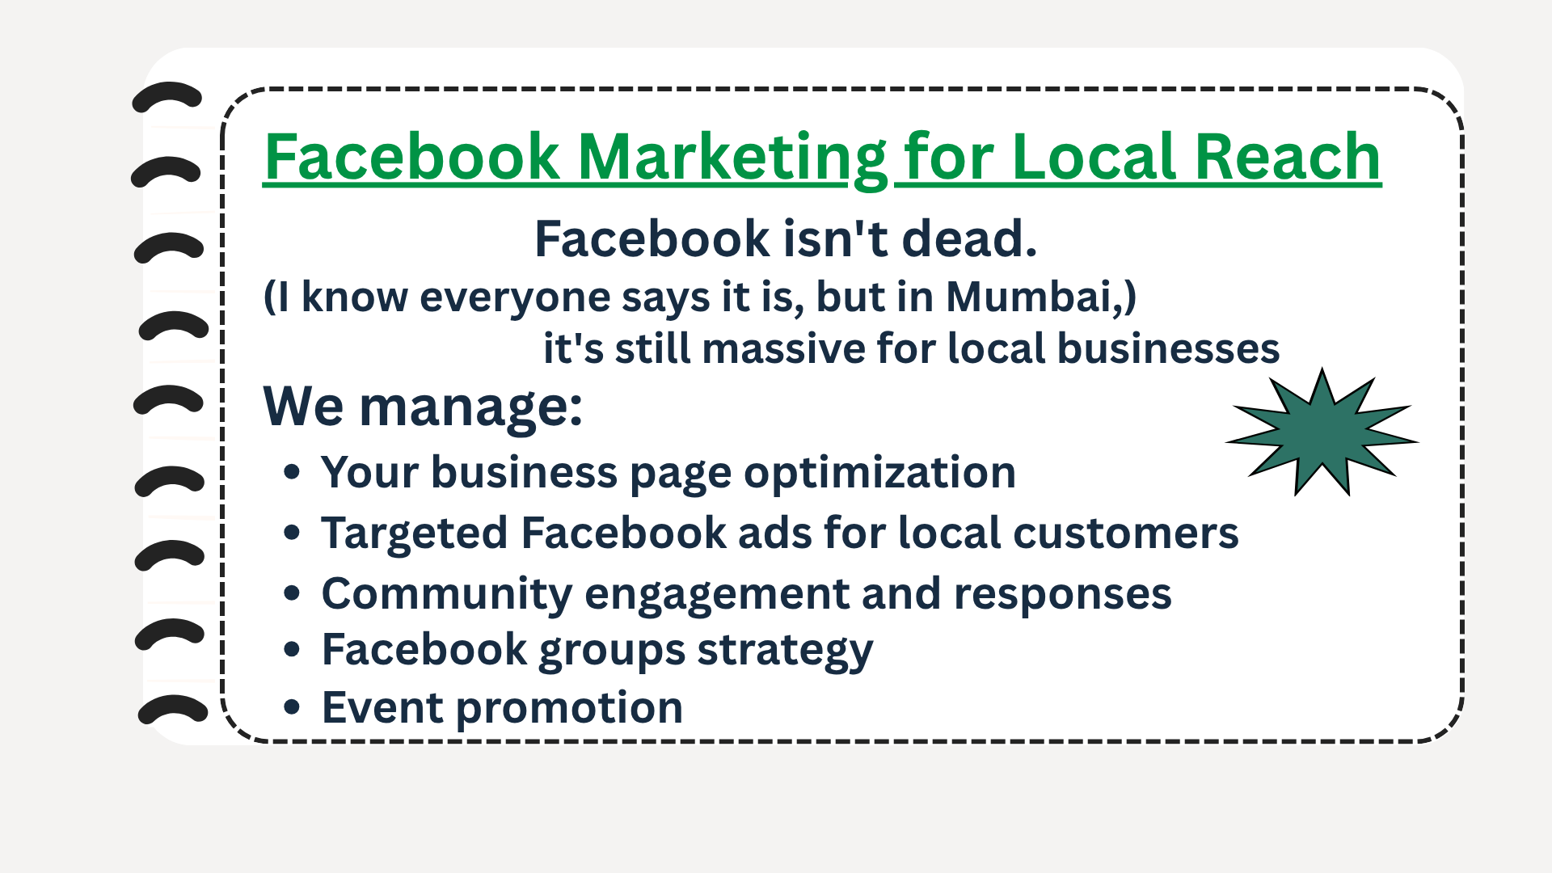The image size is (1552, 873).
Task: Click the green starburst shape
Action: pos(1322,436)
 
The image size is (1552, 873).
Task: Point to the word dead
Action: pos(969,239)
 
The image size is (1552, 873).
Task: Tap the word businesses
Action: pos(1168,349)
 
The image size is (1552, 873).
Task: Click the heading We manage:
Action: pos(423,407)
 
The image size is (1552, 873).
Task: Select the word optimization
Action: pos(879,474)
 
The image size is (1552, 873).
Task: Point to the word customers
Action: pos(1125,533)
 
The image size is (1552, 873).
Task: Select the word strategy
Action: pos(785,652)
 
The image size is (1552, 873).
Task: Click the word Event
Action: pos(382,707)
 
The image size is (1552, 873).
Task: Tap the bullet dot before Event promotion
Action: pos(292,707)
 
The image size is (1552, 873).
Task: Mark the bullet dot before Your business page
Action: pos(292,472)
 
